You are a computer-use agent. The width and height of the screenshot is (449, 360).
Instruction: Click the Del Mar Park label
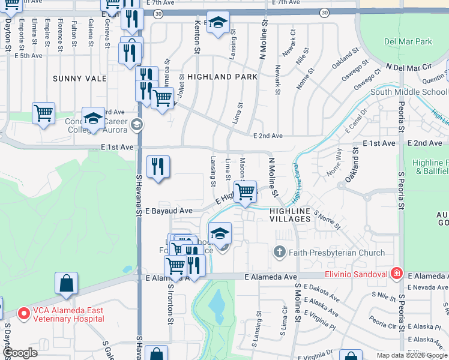(x=408, y=42)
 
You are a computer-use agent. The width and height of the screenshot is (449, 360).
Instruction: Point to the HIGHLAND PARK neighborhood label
(x=222, y=77)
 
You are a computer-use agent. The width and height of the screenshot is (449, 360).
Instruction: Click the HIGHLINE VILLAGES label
(x=290, y=215)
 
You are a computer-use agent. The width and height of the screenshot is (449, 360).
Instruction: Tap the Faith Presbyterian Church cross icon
(x=279, y=253)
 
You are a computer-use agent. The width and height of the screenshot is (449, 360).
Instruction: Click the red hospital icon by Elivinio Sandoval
(x=396, y=274)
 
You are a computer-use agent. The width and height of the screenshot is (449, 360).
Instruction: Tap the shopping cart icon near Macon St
(x=245, y=193)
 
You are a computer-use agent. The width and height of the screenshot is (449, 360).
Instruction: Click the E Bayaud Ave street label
(x=169, y=211)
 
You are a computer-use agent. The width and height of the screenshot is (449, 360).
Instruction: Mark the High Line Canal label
(x=297, y=191)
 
